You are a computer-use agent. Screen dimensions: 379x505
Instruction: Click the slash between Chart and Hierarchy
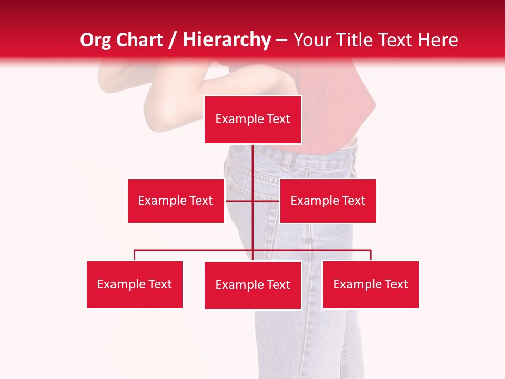(173, 40)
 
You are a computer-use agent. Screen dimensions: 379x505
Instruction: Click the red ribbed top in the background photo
(337, 105)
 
